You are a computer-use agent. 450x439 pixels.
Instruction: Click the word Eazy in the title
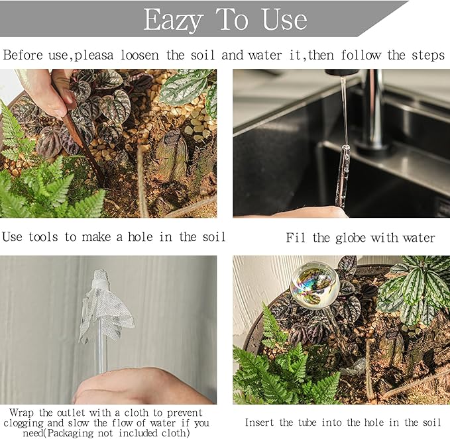pos(174,20)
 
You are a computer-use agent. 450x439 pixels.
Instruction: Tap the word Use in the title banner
pos(284,19)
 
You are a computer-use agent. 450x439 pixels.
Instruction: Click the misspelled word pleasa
pos(94,56)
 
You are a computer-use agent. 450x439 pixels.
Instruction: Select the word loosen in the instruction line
pos(140,55)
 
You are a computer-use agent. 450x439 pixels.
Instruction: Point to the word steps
pos(428,56)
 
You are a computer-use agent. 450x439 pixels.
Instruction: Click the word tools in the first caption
pos(43,237)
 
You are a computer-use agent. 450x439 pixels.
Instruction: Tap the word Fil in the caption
pos(296,238)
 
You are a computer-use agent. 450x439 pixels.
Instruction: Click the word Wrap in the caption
pos(21,413)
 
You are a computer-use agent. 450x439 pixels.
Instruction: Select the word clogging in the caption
pos(24,423)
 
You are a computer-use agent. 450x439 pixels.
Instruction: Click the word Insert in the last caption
pos(259,422)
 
